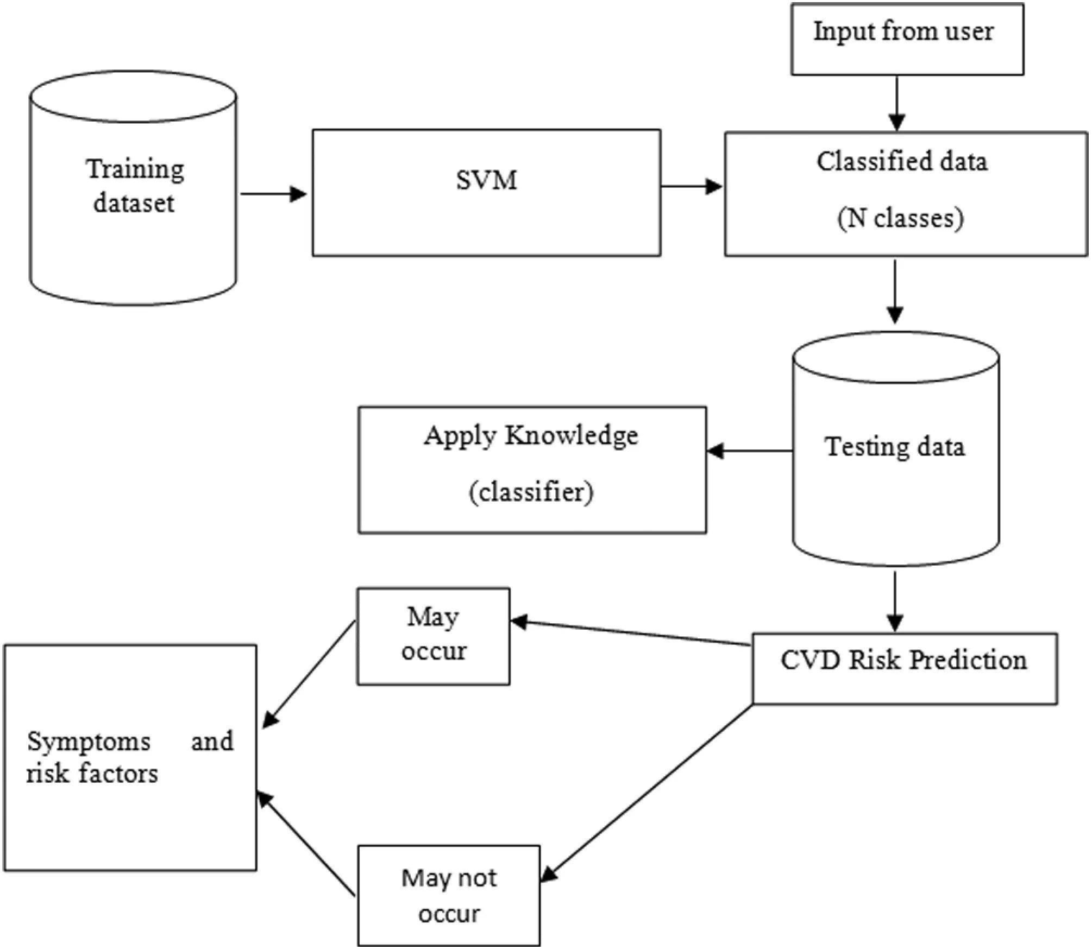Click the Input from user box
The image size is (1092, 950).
(907, 39)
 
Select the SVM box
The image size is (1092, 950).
(486, 192)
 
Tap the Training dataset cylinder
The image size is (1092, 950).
(133, 187)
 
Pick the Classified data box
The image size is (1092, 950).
(905, 193)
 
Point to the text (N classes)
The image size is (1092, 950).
(901, 218)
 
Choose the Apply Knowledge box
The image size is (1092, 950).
(532, 470)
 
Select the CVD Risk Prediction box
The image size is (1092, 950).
(904, 668)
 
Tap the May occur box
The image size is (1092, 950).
(433, 636)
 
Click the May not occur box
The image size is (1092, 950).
(449, 896)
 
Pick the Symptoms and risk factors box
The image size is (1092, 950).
(130, 758)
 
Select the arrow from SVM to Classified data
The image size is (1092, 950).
(691, 187)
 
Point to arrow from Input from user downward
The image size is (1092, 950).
(897, 103)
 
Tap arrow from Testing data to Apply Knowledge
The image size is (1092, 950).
(749, 451)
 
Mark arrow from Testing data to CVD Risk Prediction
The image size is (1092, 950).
(895, 600)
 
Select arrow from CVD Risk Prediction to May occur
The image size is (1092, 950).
(630, 633)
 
